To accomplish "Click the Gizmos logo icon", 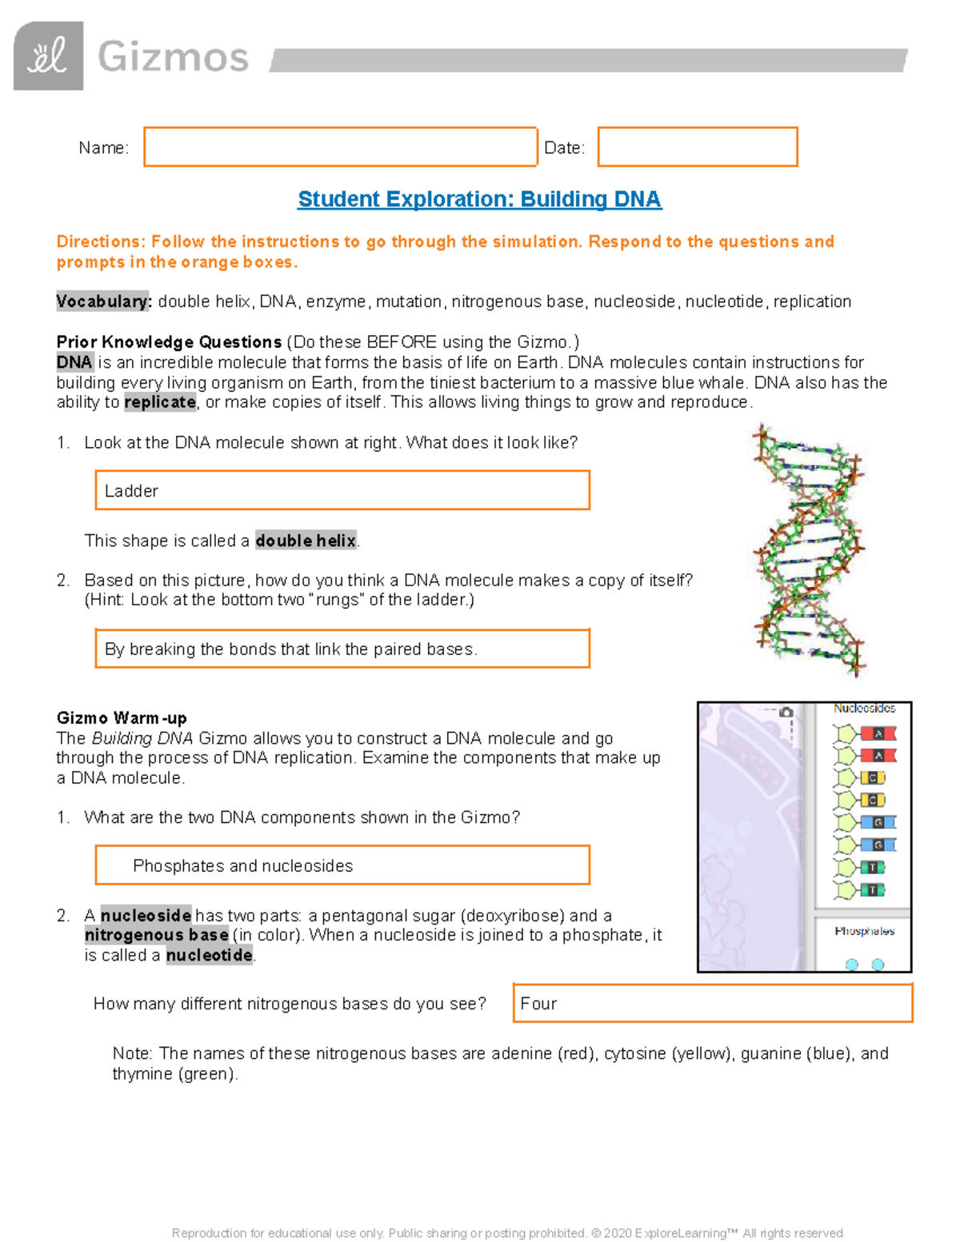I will click(x=48, y=56).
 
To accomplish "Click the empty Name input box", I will click(x=340, y=147).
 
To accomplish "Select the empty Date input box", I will click(x=698, y=147).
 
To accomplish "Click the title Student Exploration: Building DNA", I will click(x=479, y=199).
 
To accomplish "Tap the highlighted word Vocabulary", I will click(x=102, y=302).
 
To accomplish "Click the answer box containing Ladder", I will click(x=342, y=490).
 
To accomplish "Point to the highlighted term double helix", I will click(x=306, y=541).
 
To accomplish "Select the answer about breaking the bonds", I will click(x=342, y=649).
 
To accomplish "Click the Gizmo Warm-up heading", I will click(x=122, y=717).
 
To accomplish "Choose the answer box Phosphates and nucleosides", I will click(x=342, y=865).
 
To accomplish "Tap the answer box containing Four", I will click(x=712, y=1003).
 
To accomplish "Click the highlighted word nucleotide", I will click(x=210, y=955).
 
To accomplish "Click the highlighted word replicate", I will click(x=160, y=402).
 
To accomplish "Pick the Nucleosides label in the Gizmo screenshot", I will click(x=864, y=709).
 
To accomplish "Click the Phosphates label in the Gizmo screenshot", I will click(x=864, y=931).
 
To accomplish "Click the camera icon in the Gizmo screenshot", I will click(x=786, y=712).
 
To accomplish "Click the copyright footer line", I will click(x=507, y=1232).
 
